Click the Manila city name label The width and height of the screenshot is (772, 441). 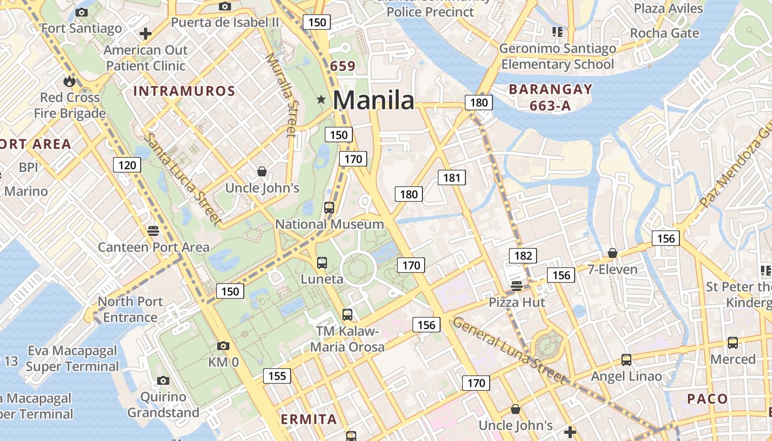(373, 100)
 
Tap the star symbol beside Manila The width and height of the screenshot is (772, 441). (321, 100)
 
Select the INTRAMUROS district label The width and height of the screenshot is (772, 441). (184, 91)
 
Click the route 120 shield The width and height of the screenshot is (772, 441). (127, 164)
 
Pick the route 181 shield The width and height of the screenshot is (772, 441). (452, 178)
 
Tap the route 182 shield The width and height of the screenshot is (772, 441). (523, 255)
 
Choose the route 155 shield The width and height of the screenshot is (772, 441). (277, 376)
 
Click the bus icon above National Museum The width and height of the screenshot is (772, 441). (329, 208)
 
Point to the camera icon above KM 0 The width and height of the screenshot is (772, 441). (223, 346)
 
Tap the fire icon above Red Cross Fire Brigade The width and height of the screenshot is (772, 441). (69, 82)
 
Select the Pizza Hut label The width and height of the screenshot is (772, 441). (517, 302)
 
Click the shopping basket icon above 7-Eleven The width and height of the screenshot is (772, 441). (612, 253)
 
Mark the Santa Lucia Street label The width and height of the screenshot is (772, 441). (182, 179)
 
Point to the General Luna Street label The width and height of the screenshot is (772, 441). (510, 351)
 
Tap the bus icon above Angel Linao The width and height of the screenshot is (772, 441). (626, 360)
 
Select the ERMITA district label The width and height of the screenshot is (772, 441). (309, 419)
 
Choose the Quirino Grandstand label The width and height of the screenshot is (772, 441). (163, 405)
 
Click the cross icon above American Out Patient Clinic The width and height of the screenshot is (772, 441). (146, 34)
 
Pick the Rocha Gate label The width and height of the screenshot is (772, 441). (664, 33)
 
